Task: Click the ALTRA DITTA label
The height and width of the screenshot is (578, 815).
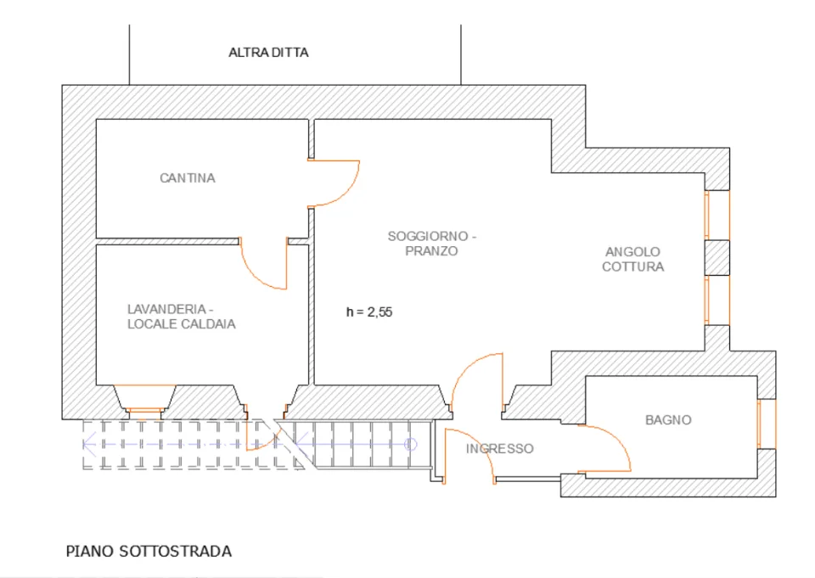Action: pyautogui.click(x=268, y=53)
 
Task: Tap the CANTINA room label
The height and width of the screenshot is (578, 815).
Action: pyautogui.click(x=187, y=178)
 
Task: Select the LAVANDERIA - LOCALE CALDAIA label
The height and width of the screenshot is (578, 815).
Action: pyautogui.click(x=181, y=317)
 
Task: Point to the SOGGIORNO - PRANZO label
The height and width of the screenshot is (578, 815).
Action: pyautogui.click(x=432, y=244)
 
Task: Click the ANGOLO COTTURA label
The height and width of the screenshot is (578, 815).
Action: pyautogui.click(x=632, y=259)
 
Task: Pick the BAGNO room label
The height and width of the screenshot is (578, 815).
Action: pyautogui.click(x=668, y=420)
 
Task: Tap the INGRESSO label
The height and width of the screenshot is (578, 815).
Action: pyautogui.click(x=499, y=449)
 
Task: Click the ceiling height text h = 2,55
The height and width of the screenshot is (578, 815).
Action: pyautogui.click(x=369, y=311)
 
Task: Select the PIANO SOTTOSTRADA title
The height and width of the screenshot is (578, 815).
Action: pyautogui.click(x=149, y=551)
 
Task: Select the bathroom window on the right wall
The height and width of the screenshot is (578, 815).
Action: pyautogui.click(x=766, y=424)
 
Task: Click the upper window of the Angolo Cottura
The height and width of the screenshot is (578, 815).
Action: pyautogui.click(x=717, y=216)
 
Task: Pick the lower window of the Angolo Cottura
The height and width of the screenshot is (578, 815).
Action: pyautogui.click(x=717, y=300)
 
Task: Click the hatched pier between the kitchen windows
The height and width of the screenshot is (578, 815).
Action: pyautogui.click(x=717, y=258)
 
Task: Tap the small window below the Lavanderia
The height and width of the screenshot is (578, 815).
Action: pyautogui.click(x=145, y=411)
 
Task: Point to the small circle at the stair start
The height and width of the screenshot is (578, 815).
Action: pyautogui.click(x=411, y=445)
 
